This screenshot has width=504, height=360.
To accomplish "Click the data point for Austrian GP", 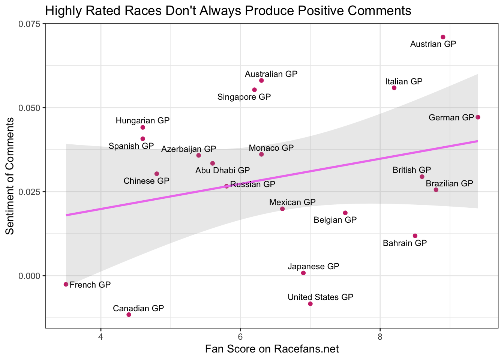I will click(443, 37).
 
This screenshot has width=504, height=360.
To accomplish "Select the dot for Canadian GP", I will click(129, 315).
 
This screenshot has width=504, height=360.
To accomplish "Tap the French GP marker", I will click(66, 284).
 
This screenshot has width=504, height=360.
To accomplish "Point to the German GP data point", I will click(478, 117).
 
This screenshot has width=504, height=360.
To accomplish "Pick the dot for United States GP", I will click(310, 304).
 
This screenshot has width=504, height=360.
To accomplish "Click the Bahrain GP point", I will click(415, 236).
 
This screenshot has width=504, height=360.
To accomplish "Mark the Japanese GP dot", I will click(303, 273).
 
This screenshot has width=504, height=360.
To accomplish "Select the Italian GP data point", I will click(394, 88).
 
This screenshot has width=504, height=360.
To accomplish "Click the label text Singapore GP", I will click(244, 97).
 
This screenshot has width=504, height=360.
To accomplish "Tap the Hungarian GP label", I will click(142, 121).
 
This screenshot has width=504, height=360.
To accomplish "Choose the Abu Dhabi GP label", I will click(222, 171).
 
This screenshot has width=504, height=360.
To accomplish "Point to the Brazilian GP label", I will click(449, 184).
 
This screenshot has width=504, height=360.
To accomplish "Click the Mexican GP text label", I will click(292, 202).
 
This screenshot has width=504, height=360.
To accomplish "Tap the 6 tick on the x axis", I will click(240, 335).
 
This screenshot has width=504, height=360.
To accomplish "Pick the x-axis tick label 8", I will click(380, 335).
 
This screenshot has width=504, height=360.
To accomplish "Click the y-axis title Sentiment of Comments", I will click(10, 176).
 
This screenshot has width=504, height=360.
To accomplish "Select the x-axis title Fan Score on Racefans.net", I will click(272, 349).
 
